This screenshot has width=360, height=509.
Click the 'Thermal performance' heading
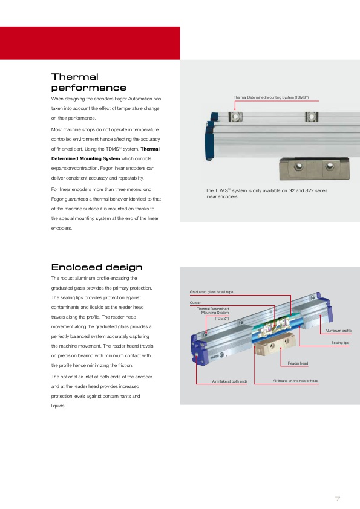88,82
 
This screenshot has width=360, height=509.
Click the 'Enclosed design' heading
97,267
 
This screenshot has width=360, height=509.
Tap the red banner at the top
90,43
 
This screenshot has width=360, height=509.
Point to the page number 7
338,499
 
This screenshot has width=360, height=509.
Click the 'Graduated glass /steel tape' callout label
211,292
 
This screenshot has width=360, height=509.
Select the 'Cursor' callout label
195,302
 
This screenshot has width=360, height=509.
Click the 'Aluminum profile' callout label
338,331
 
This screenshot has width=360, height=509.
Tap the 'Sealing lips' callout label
340,343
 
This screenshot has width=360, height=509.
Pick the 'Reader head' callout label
298,363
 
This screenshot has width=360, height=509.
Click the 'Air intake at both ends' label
230,381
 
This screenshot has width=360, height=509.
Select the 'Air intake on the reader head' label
295,381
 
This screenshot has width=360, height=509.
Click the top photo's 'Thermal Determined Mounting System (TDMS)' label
271,97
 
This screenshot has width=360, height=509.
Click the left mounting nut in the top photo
235,116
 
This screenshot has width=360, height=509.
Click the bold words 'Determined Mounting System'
85,158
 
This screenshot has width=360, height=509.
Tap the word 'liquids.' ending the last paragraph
58,406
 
